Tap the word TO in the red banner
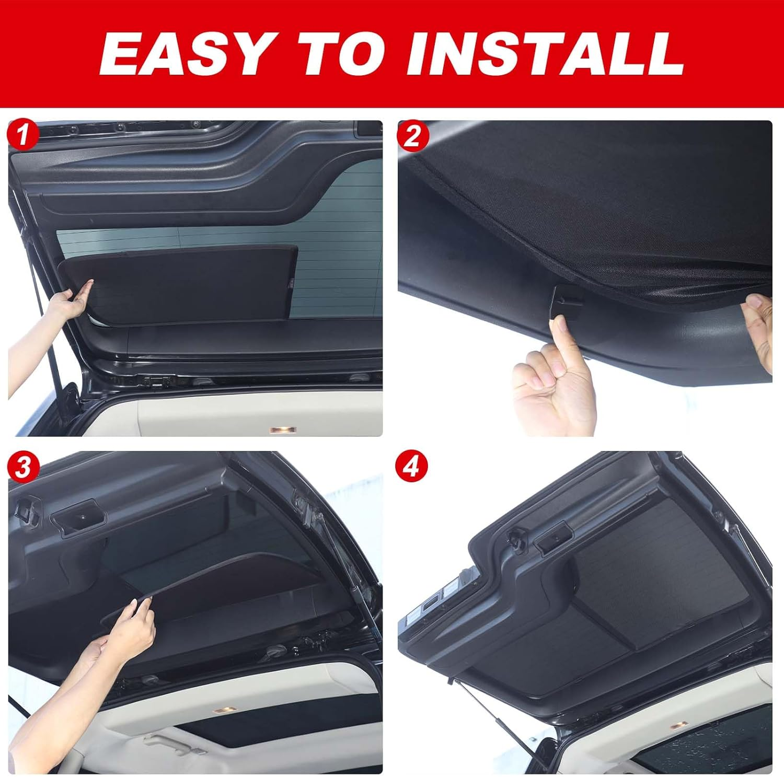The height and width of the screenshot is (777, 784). point(347,54)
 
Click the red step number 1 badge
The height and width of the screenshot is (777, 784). point(22,135)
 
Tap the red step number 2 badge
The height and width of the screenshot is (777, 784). point(412,135)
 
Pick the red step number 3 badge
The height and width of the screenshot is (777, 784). point(22,467)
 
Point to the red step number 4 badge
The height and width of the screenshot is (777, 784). point(412,467)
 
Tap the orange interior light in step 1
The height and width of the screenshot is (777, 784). point(283,430)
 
